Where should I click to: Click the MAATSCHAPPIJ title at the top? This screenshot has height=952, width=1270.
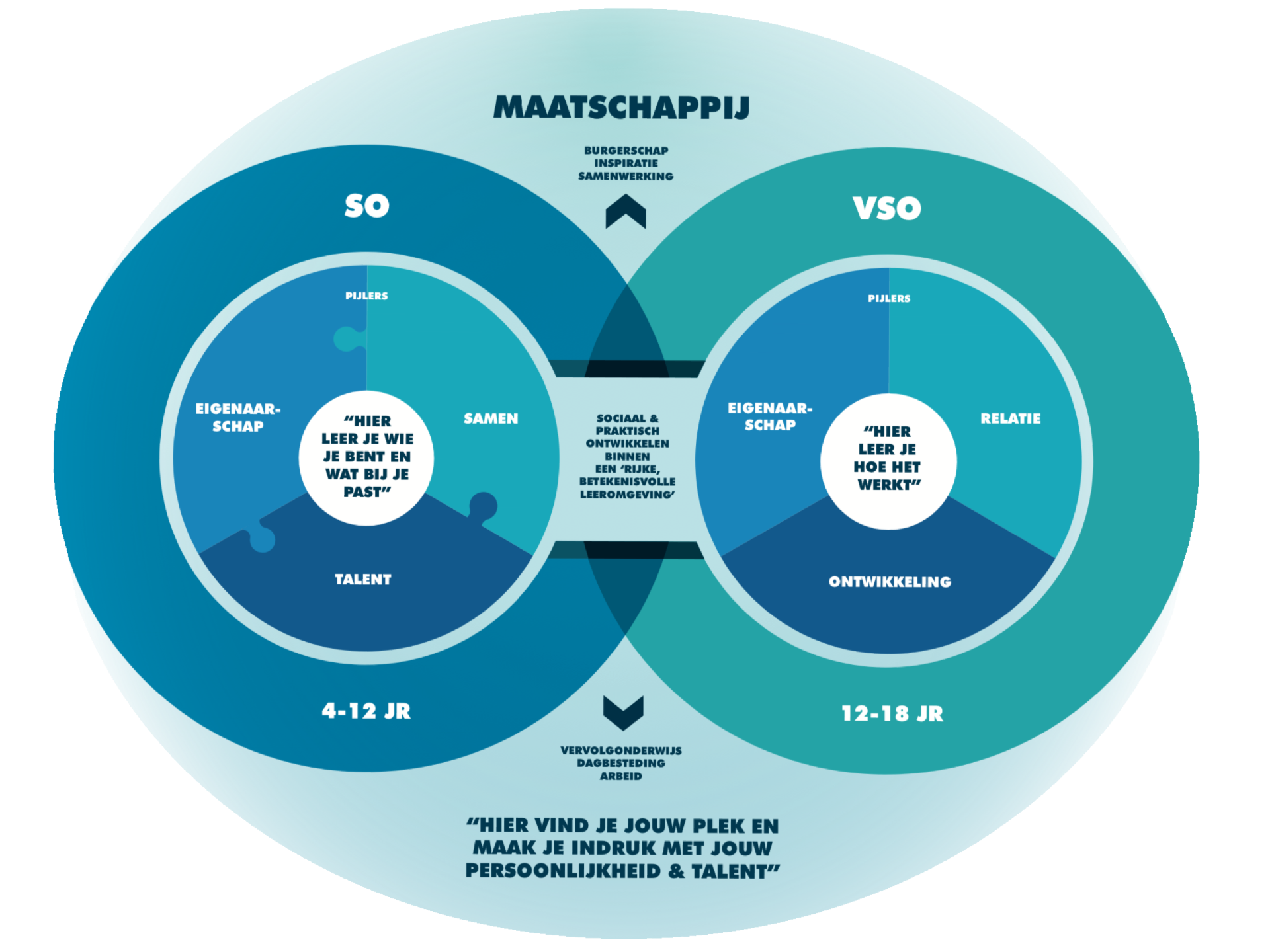[621, 108]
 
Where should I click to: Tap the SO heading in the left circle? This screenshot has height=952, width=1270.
[366, 206]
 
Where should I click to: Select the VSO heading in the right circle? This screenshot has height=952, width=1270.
[887, 209]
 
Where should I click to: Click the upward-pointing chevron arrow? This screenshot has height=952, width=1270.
[625, 212]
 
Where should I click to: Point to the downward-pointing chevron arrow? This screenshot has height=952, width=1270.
[623, 713]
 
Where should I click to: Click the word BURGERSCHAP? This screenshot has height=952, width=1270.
[626, 151]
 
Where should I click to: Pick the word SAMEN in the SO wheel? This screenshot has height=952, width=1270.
[491, 418]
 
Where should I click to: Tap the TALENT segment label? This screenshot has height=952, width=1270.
[363, 580]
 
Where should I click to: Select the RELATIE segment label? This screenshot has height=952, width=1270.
[1010, 418]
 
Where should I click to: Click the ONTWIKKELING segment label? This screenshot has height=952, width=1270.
[890, 582]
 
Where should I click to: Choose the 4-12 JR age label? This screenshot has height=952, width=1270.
[366, 711]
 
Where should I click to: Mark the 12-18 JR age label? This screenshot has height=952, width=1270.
[892, 714]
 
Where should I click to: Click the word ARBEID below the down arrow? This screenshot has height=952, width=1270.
[620, 776]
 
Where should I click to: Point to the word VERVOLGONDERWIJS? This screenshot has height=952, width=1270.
[621, 751]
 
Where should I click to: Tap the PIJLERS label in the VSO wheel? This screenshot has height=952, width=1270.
[889, 299]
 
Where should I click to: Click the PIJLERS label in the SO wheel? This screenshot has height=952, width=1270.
[366, 296]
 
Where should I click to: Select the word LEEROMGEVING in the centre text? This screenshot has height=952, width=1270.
[626, 495]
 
